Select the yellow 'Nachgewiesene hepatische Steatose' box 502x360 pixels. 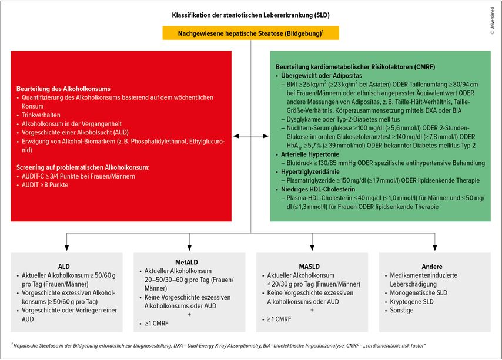[x=251, y=33]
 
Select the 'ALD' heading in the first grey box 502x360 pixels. [x=64, y=266]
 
